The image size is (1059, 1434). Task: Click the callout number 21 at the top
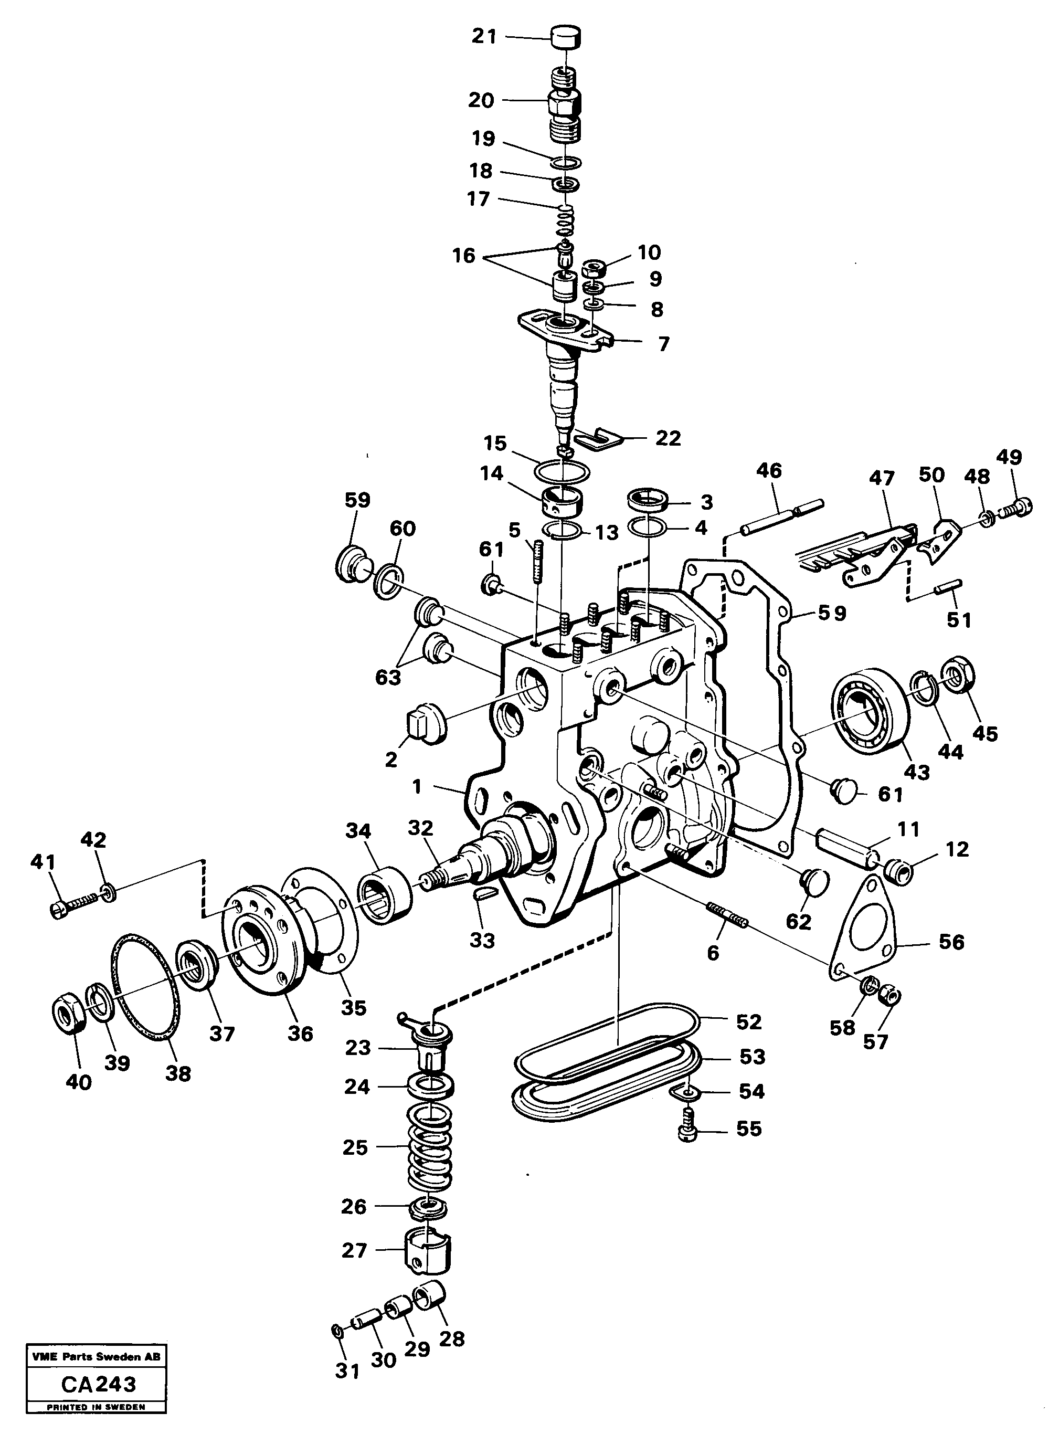tap(484, 37)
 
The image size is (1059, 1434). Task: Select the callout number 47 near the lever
tap(882, 478)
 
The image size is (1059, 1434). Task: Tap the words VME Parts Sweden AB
tap(96, 1357)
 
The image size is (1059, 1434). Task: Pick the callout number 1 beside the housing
tap(417, 786)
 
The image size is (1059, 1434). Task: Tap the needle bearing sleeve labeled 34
tap(385, 888)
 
